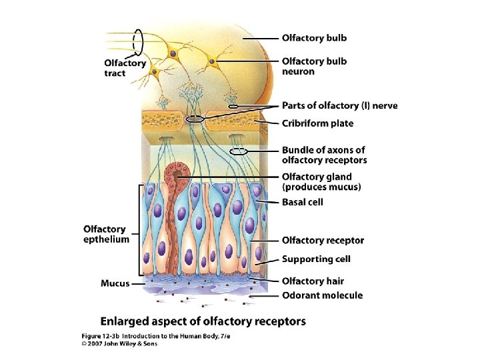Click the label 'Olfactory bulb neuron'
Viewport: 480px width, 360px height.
pos(314,66)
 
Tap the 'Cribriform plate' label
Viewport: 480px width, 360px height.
pos(317,123)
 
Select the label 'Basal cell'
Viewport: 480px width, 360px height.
pos(303,202)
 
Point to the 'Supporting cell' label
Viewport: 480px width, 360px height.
pos(316,259)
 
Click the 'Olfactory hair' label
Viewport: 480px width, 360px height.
pos(313,281)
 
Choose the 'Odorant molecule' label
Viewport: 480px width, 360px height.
pos(322,295)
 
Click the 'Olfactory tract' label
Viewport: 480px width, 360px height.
pos(125,68)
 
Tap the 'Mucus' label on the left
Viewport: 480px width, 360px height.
pos(115,283)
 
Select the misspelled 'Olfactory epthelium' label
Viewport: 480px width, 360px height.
pos(107,234)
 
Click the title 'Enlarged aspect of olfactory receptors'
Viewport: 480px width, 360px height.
pos(203,321)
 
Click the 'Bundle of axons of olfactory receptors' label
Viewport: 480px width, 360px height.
pos(324,155)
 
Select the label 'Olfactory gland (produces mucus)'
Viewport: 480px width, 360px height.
pos(321,181)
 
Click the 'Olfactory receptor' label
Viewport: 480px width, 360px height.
pos(323,240)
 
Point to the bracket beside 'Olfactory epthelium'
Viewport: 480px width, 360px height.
pos(138,233)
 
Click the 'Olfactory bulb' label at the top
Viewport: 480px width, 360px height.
pos(314,38)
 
